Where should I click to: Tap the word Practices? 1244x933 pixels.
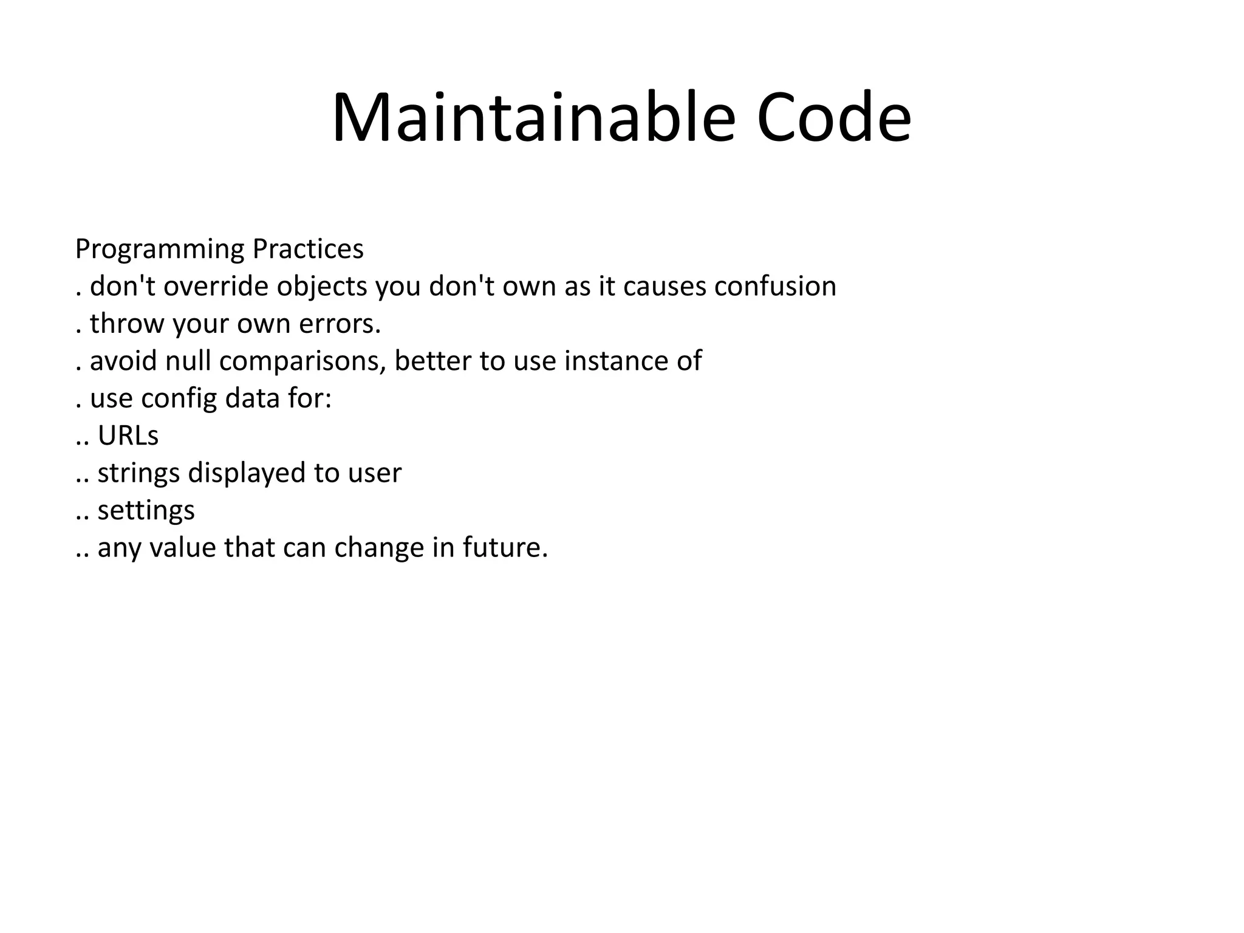(x=308, y=250)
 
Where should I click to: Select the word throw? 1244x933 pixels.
(x=128, y=324)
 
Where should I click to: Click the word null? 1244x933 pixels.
(x=189, y=361)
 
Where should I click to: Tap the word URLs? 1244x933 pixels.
(x=128, y=436)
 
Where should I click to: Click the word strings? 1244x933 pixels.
(x=138, y=474)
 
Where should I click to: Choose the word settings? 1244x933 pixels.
(x=146, y=511)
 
